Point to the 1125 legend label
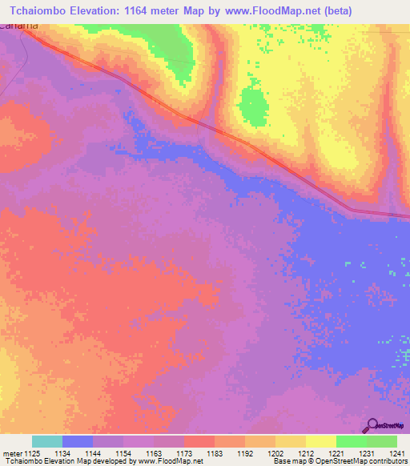pos(32,453)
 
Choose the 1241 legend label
pos(398,453)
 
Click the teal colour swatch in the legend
pos(47,441)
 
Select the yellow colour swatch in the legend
pos(320,441)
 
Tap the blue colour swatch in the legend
pos(78,441)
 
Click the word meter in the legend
pos(12,453)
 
